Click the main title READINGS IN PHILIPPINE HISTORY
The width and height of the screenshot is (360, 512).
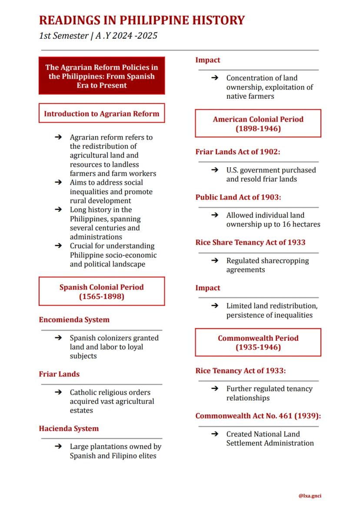coord(142,20)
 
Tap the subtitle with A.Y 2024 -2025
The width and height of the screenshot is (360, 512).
coord(98,36)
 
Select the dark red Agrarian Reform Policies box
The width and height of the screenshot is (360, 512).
coord(102,76)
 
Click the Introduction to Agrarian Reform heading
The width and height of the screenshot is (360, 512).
coord(102,113)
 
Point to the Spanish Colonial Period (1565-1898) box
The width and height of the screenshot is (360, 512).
coord(102,291)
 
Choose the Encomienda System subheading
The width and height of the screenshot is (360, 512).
coord(74,319)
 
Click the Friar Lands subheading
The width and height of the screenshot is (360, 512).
coord(59,374)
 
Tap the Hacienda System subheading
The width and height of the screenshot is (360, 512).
coord(69,428)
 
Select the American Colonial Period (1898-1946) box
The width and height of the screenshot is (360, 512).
coord(258,123)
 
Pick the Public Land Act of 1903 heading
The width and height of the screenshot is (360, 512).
coord(238,197)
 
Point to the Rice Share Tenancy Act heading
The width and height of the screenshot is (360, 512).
coord(250,242)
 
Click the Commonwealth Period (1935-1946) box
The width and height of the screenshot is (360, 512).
coord(258,342)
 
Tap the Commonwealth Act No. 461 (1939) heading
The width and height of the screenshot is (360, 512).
coord(258,416)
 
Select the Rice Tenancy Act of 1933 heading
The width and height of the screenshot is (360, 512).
coord(240,370)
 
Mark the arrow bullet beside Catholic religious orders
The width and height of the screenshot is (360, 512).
coord(58,392)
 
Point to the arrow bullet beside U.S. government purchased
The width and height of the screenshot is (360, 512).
coord(214,170)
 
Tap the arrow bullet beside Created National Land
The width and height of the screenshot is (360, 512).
coord(214,434)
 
